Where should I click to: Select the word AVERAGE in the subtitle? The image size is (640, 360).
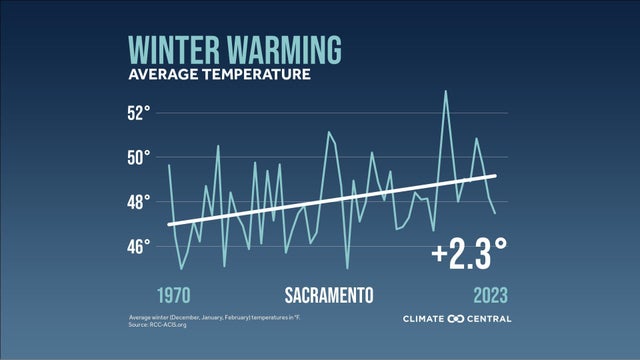[160, 75]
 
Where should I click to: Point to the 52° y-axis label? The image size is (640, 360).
[138, 112]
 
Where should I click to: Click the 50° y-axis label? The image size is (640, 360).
[138, 157]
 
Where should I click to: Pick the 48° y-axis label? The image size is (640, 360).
[138, 201]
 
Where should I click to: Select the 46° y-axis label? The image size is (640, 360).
[138, 246]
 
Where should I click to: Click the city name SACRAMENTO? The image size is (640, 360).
[329, 296]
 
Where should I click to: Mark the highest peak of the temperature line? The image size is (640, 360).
[446, 91]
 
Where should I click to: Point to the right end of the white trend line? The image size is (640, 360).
[496, 176]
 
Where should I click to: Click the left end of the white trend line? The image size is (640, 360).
[168, 224]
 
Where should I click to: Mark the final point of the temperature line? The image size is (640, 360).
[495, 213]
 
